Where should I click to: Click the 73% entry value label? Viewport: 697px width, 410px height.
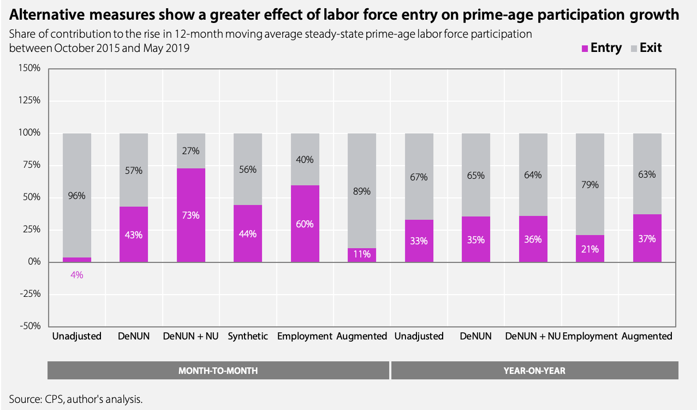coord(191,215)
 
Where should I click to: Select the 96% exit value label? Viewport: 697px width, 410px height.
coord(77,195)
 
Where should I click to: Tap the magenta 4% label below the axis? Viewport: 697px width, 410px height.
coord(77,275)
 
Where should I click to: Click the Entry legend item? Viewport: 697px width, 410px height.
coord(602,48)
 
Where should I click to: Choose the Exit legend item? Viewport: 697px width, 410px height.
coord(646,48)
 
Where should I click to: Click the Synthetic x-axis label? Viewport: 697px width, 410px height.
coord(248,336)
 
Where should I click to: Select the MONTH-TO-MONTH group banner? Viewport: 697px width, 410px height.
coord(218,370)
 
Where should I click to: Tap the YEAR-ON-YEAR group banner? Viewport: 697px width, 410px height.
coord(534,370)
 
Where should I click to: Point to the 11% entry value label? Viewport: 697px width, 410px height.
coord(362,254)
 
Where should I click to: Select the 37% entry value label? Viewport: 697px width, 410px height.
coord(647,239)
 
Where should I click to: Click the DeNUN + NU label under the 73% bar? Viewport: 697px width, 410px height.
coord(190,336)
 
